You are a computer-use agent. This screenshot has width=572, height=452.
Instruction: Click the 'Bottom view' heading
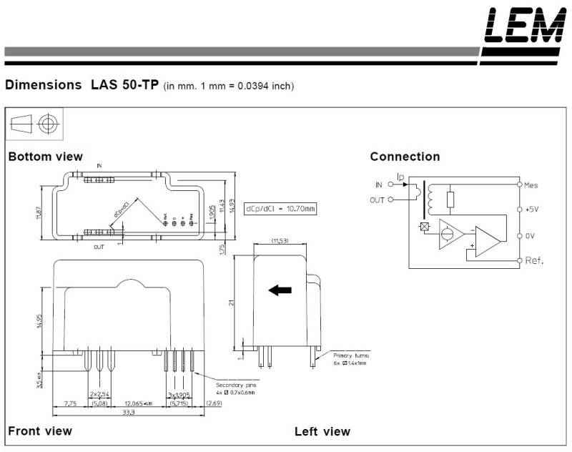coord(45,157)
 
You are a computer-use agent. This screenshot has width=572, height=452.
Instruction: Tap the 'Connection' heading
coord(405,157)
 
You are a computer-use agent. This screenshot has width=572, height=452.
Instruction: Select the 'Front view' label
coord(40,431)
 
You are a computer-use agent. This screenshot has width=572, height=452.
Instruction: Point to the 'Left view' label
coord(322,431)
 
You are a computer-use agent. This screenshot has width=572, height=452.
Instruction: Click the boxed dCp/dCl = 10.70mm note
coord(280,209)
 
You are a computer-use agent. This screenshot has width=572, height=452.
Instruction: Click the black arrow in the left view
coord(280,290)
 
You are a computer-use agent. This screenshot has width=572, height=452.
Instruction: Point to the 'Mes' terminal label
coord(531,185)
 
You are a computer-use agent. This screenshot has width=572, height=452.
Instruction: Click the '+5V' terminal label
coord(531,210)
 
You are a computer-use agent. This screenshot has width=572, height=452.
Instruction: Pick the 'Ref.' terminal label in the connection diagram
coord(533,261)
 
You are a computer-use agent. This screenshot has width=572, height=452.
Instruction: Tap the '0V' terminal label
coord(529,235)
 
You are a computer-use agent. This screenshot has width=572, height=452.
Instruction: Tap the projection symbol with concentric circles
coord(48,124)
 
